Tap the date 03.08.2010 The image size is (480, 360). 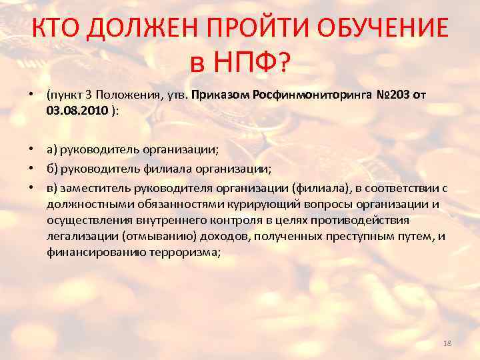(x=77, y=110)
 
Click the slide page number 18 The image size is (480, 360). (x=447, y=343)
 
